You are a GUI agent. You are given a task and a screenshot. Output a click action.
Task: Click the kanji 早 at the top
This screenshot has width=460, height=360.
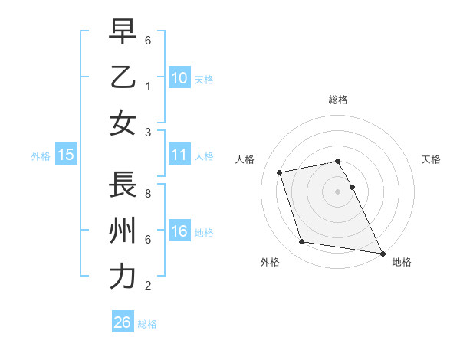(123, 31)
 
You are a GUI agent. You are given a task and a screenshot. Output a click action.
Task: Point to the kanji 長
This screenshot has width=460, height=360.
(123, 185)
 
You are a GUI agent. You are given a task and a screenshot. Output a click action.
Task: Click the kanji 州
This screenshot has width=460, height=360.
(123, 231)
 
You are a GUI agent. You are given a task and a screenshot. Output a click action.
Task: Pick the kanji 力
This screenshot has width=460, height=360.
(123, 277)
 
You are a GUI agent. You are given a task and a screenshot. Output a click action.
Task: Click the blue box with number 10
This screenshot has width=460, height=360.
(179, 77)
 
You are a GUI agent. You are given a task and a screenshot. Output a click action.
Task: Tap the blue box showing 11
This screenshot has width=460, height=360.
(179, 155)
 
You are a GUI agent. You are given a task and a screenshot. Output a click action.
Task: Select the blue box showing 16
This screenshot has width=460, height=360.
(179, 231)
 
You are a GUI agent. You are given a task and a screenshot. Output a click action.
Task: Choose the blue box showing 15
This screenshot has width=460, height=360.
(65, 155)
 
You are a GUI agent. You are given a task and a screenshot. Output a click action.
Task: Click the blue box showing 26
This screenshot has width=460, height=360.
(122, 322)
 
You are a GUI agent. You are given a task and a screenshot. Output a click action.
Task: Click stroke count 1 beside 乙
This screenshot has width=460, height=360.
(147, 87)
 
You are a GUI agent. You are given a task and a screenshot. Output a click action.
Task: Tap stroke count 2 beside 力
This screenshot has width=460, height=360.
(147, 286)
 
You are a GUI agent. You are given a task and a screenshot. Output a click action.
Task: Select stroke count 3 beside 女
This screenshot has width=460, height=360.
(147, 133)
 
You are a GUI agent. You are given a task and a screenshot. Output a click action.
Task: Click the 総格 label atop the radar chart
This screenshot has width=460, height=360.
(338, 100)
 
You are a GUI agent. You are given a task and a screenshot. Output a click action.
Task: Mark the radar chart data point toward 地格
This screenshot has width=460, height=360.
(382, 252)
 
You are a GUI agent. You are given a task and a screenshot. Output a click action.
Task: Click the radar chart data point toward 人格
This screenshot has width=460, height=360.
(280, 172)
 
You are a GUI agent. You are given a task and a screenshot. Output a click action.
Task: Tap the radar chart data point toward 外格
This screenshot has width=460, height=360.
(302, 242)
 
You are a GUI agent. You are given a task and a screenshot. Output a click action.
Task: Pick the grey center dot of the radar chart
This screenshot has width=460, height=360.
(338, 191)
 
